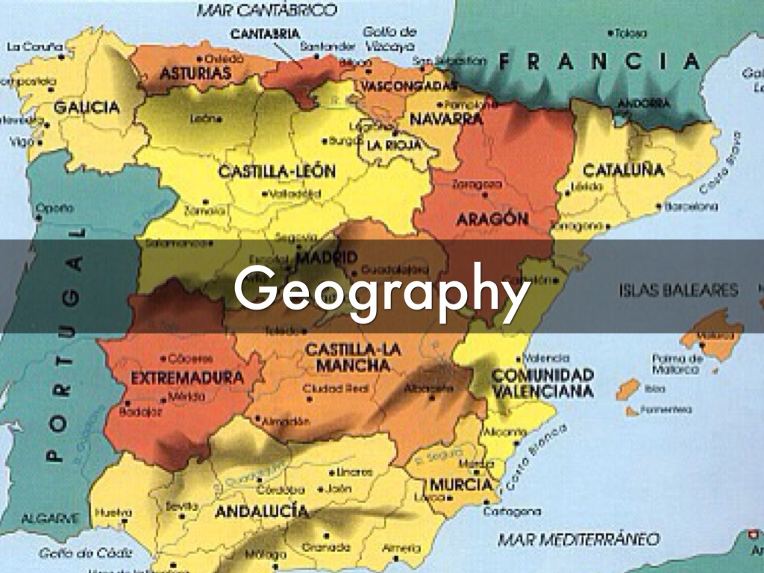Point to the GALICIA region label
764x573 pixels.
pyautogui.click(x=86, y=107)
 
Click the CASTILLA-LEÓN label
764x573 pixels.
pyautogui.click(x=277, y=172)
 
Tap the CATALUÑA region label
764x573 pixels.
pyautogui.click(x=623, y=169)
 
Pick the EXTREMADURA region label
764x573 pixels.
pyautogui.click(x=187, y=378)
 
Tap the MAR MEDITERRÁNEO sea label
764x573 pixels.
pyautogui.click(x=578, y=539)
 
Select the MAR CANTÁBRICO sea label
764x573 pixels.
pyautogui.click(x=266, y=10)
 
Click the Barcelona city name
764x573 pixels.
pyautogui.click(x=691, y=207)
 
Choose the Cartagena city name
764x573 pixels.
pyautogui.click(x=512, y=512)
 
